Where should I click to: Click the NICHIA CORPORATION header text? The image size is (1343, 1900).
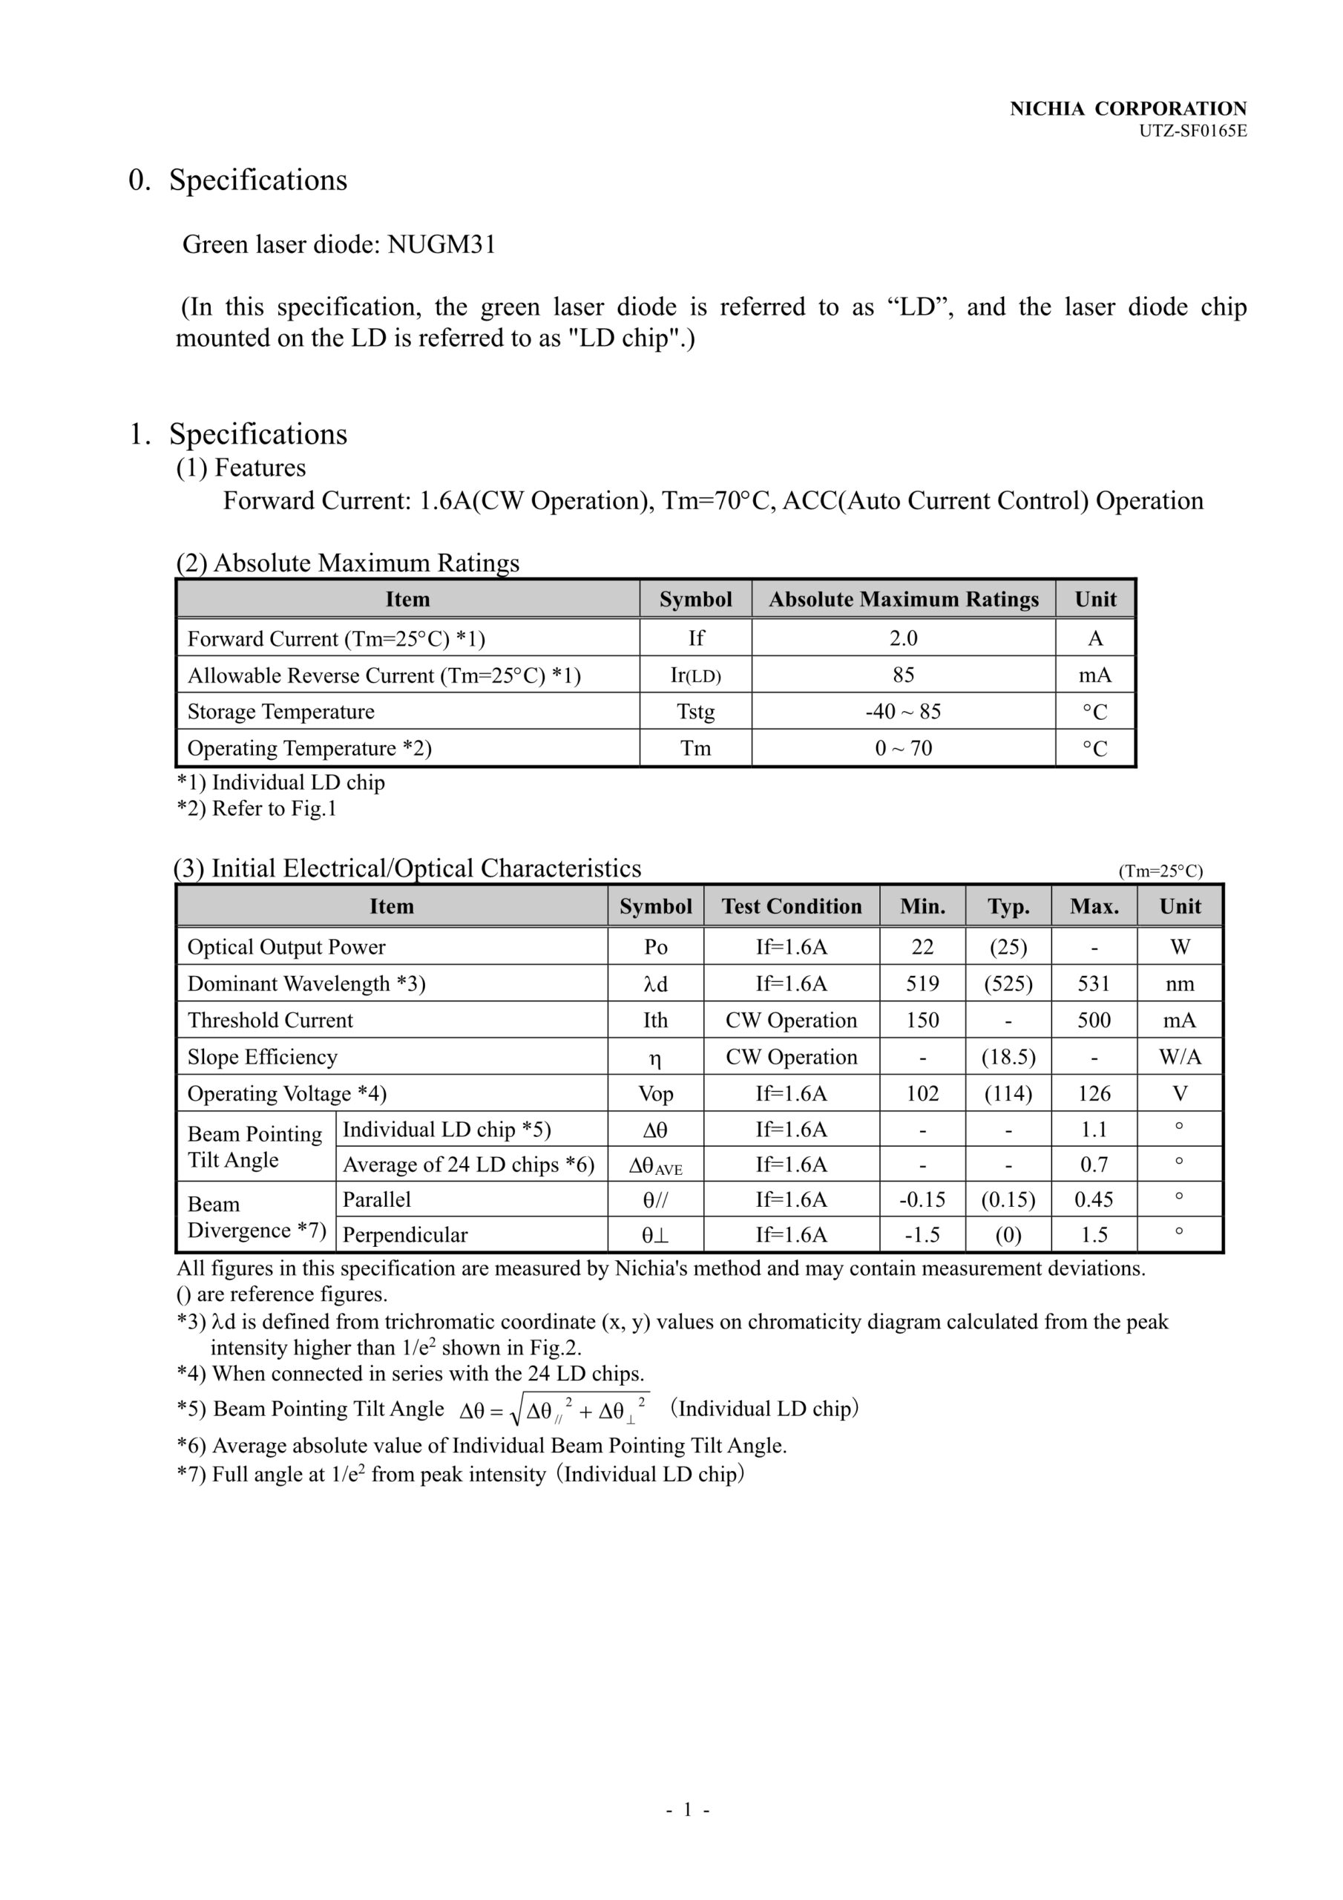click(x=1128, y=108)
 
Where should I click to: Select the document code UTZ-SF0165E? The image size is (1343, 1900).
click(x=1192, y=131)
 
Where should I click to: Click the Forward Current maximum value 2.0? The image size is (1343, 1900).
click(x=903, y=638)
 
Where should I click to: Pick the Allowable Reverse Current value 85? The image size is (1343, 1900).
click(x=903, y=675)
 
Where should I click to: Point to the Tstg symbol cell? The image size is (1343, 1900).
click(x=695, y=712)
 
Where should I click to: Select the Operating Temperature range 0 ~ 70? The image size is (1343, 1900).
click(x=903, y=748)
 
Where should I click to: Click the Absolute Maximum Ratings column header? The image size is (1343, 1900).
click(x=903, y=599)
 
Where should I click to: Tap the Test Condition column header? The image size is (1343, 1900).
click(x=791, y=906)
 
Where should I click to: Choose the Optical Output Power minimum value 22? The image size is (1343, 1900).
click(x=922, y=947)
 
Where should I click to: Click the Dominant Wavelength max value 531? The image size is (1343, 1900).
click(x=1094, y=983)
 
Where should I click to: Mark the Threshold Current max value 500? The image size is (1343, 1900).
click(x=1094, y=1021)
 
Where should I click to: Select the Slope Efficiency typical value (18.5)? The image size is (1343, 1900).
click(x=1008, y=1057)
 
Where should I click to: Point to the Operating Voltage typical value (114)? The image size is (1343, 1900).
click(x=1008, y=1093)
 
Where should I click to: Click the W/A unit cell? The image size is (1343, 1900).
click(x=1180, y=1057)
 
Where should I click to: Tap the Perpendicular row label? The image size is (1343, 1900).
click(x=404, y=1235)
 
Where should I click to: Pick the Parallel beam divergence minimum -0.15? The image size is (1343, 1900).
click(x=922, y=1199)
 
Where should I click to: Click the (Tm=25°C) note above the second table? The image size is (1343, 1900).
click(x=1160, y=871)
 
